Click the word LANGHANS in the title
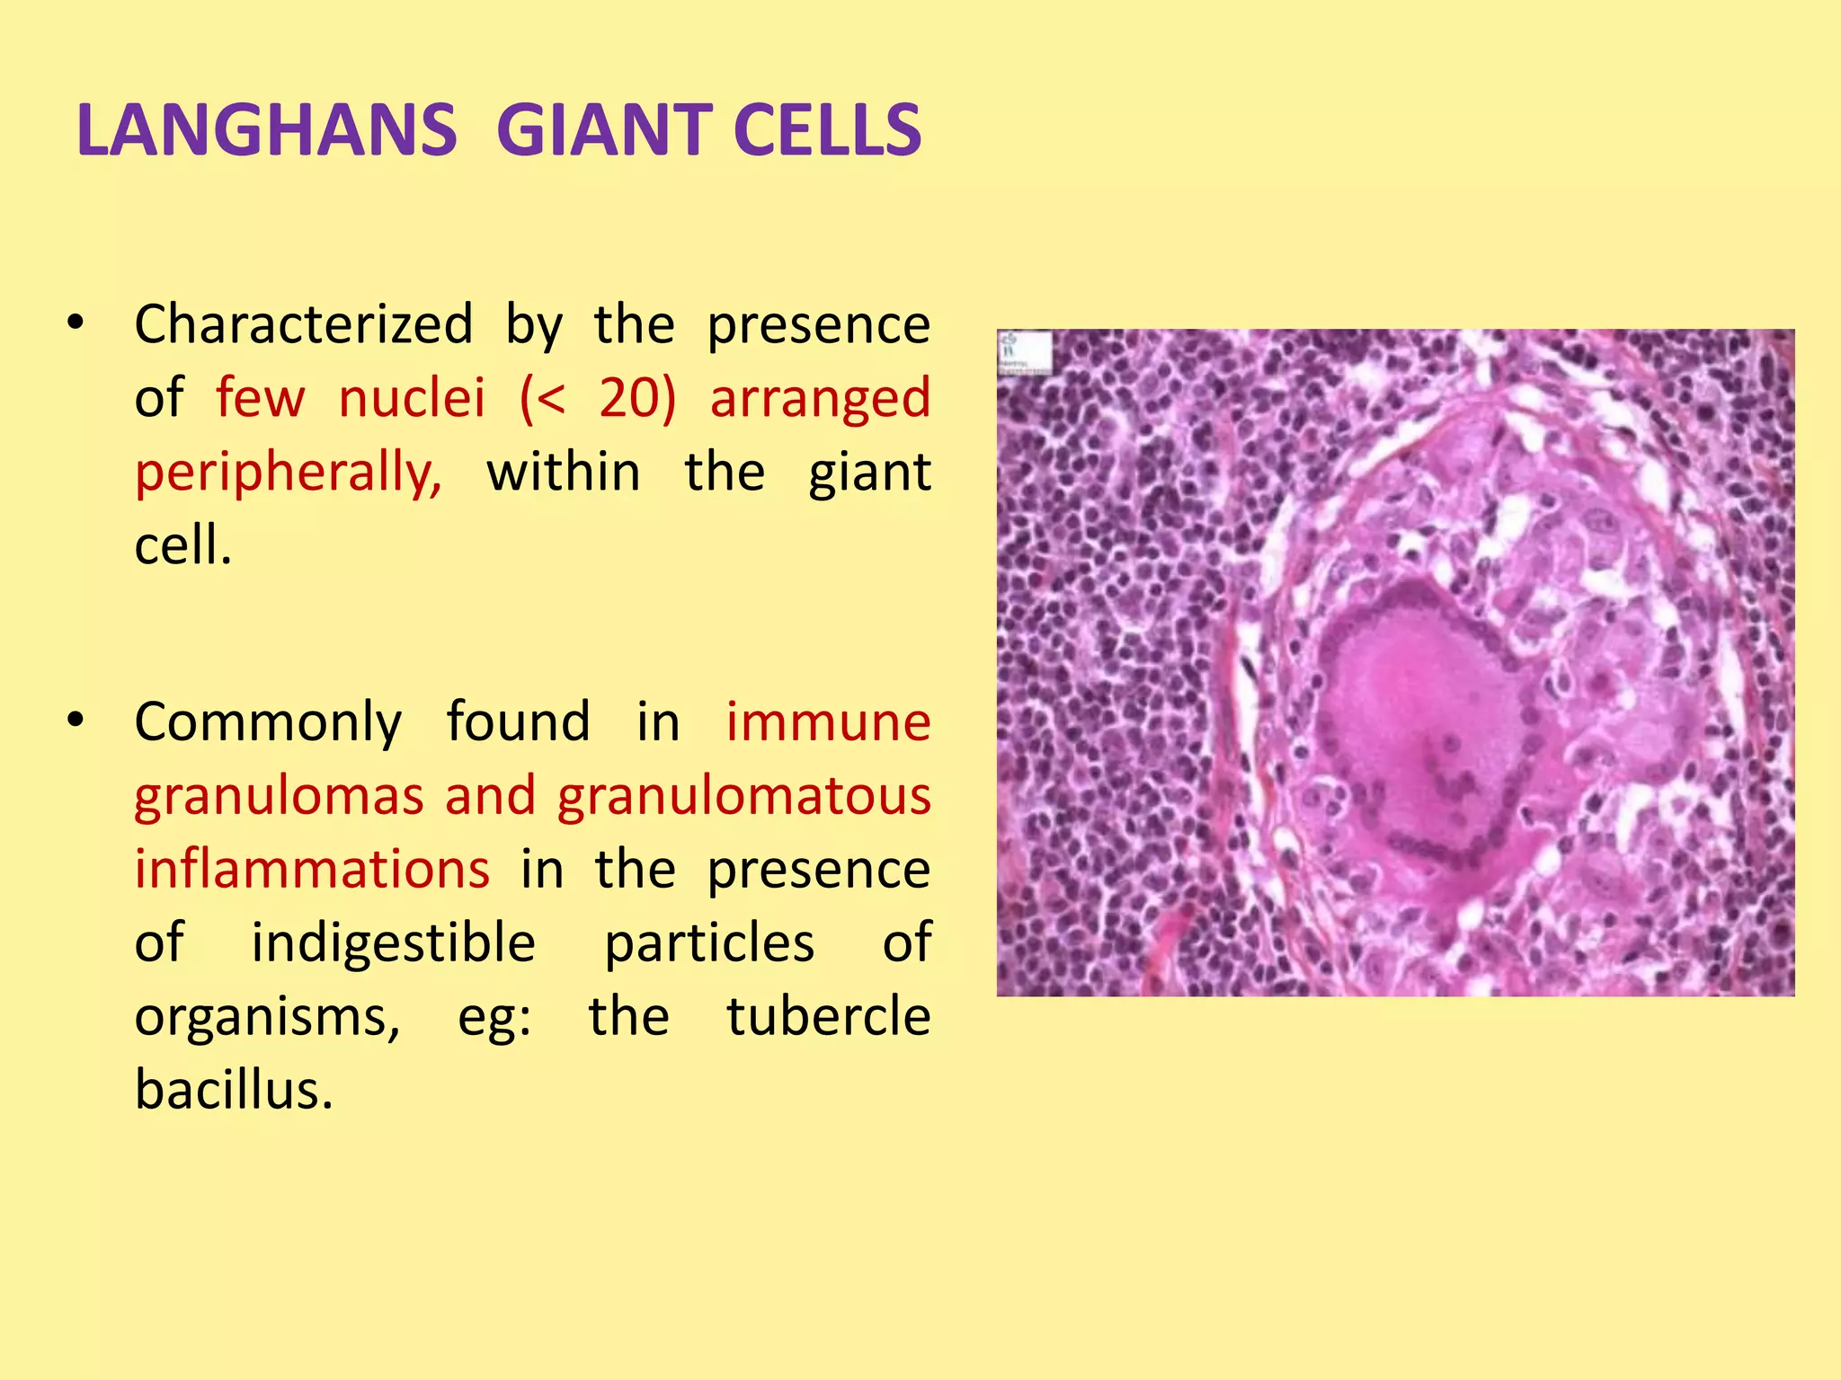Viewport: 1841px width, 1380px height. (x=267, y=131)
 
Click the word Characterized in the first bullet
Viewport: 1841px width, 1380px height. (x=303, y=324)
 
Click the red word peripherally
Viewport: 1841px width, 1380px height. (x=288, y=473)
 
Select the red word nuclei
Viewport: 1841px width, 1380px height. (x=412, y=398)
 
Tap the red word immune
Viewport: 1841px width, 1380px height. (x=828, y=722)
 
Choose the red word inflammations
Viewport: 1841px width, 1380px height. (x=312, y=870)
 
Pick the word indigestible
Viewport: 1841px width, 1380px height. (x=393, y=943)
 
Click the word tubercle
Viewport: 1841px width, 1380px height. (x=828, y=1017)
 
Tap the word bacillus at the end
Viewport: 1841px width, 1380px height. (x=233, y=1091)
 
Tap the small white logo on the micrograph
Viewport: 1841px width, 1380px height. (x=1024, y=351)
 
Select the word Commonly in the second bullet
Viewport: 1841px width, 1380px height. (x=268, y=722)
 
